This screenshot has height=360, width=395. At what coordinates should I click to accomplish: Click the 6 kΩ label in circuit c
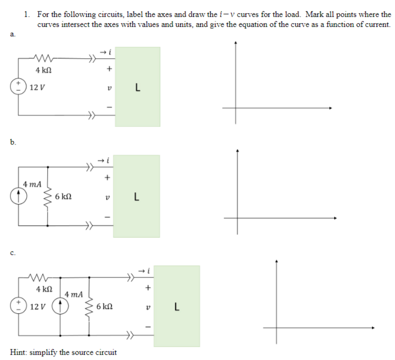tap(105, 305)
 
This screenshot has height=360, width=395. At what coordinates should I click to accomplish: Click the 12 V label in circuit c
tap(38, 306)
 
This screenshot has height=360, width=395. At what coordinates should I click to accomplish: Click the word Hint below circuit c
tap(20, 352)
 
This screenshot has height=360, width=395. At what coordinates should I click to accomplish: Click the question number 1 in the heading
tap(27, 15)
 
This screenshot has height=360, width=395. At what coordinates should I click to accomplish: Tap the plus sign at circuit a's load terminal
tap(109, 68)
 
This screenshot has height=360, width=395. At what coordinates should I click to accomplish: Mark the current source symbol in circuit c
tap(61, 306)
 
